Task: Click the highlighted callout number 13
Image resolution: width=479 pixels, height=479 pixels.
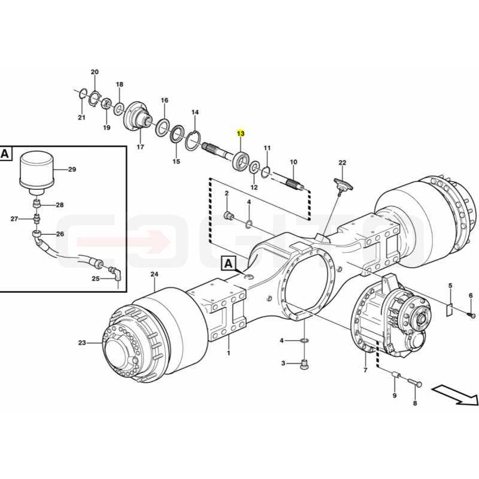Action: click(x=241, y=134)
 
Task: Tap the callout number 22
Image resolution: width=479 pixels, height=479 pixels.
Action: click(x=342, y=162)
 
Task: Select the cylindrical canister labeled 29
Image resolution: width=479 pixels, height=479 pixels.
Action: click(x=37, y=172)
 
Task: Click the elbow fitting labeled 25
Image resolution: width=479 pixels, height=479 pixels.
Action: click(x=116, y=274)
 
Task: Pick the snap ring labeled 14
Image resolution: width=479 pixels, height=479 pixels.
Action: click(x=192, y=140)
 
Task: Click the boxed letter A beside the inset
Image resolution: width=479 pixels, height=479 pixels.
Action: click(x=5, y=153)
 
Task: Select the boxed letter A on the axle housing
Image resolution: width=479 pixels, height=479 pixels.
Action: click(x=228, y=263)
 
